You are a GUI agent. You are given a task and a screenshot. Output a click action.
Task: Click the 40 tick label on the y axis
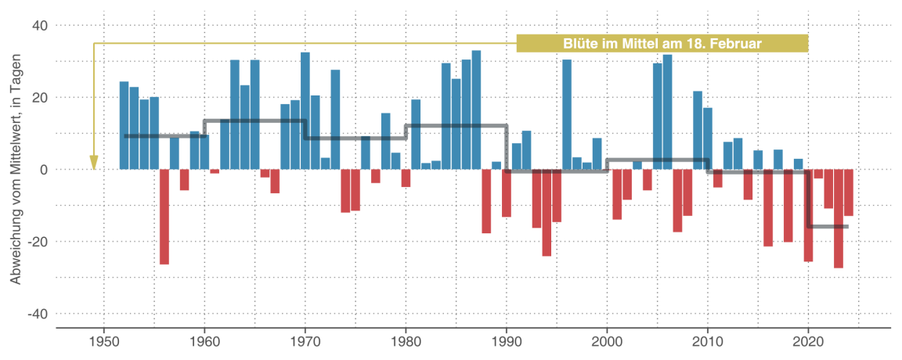click(x=39, y=26)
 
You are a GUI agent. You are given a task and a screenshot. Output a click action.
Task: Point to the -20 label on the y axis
click(x=38, y=242)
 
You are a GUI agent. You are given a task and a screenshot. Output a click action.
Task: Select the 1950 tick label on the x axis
click(x=103, y=342)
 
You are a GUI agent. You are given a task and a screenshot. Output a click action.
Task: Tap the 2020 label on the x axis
click(x=808, y=342)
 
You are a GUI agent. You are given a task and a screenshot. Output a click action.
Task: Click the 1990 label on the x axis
click(x=506, y=342)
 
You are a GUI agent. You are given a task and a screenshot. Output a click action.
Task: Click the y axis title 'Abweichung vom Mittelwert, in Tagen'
click(x=16, y=170)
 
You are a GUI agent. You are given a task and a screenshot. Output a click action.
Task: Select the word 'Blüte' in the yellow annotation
click(x=579, y=44)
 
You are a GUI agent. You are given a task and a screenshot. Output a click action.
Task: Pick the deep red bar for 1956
click(x=164, y=217)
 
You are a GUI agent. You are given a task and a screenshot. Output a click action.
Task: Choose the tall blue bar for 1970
click(x=305, y=110)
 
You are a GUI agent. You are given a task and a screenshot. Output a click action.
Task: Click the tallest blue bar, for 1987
click(x=476, y=110)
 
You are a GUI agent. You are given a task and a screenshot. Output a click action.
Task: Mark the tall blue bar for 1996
click(x=567, y=114)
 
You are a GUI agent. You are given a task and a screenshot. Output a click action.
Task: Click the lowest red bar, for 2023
click(x=839, y=219)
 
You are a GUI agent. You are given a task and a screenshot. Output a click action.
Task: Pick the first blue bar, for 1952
click(x=124, y=125)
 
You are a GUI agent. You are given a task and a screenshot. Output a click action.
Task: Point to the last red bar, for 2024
click(x=849, y=193)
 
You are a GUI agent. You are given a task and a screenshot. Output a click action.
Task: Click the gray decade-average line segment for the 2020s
click(x=828, y=227)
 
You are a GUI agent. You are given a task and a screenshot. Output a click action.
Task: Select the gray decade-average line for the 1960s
click(x=254, y=121)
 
